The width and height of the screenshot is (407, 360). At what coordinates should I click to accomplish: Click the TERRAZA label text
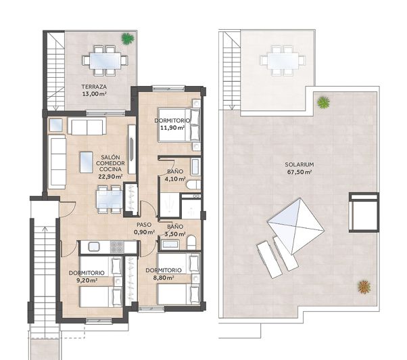(94, 87)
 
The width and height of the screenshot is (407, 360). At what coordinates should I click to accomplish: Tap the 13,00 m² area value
(94, 94)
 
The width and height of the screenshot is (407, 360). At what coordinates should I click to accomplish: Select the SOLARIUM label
(300, 164)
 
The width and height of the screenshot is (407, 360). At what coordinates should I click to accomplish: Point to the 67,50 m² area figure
(300, 172)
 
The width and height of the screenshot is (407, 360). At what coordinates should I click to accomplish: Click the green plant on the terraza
(128, 39)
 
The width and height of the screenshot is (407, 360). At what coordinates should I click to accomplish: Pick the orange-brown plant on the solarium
(364, 287)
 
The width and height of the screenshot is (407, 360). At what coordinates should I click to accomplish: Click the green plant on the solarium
(323, 102)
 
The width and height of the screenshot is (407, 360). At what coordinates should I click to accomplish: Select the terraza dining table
(105, 61)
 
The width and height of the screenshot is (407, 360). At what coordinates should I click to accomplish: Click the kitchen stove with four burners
(117, 247)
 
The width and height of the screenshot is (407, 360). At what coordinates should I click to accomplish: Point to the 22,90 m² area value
(110, 177)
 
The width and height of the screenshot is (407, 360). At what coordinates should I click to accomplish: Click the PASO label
(144, 225)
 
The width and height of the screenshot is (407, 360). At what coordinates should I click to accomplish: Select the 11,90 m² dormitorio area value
(172, 127)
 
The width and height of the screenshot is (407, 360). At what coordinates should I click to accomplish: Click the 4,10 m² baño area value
(175, 179)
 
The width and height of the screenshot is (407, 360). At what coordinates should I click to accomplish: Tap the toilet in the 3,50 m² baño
(191, 243)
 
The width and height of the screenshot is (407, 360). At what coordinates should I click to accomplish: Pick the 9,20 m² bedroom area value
(87, 280)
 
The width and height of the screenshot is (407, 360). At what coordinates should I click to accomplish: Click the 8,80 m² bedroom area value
(164, 277)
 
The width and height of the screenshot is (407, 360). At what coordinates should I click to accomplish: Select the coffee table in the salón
(87, 162)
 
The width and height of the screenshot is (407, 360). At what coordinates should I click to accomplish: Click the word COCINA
(110, 169)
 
